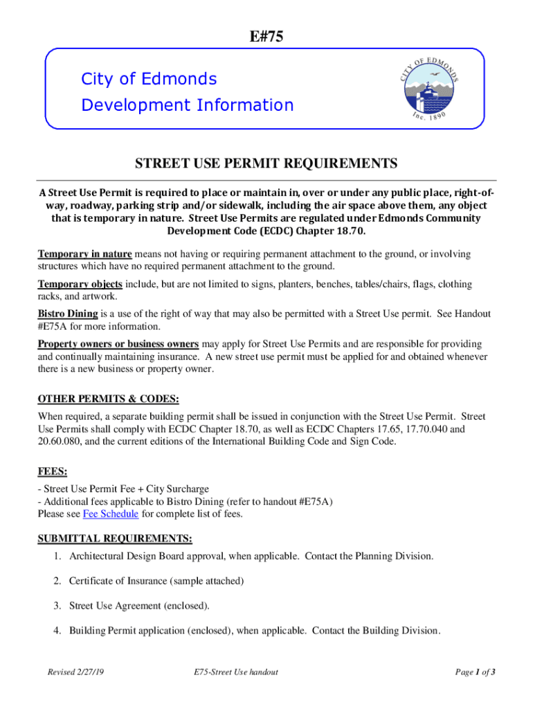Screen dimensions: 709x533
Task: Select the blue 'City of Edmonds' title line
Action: click(149, 79)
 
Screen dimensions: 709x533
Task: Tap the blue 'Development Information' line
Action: click(187, 105)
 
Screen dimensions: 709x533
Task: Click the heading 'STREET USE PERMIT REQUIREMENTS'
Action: click(266, 164)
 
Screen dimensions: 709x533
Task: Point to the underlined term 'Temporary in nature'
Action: click(84, 255)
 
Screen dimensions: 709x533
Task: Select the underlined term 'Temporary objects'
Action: click(80, 285)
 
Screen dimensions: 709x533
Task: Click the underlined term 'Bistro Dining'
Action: click(67, 314)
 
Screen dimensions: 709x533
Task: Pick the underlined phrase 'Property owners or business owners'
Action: click(118, 344)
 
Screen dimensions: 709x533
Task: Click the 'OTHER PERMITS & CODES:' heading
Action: click(108, 400)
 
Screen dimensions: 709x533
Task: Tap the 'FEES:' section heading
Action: click(52, 472)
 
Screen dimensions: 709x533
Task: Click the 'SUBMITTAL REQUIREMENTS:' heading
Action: click(114, 539)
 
